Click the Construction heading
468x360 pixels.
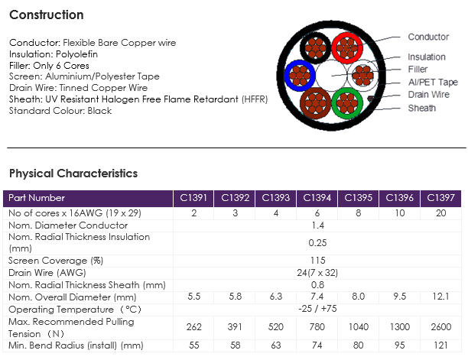coord(46,15)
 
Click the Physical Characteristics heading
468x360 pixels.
coord(73,174)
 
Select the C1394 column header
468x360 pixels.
coord(317,198)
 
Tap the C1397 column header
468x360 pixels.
coord(440,198)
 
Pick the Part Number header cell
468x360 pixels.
coord(88,198)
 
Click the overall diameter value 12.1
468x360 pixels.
coord(440,297)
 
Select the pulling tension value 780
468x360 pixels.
coord(317,327)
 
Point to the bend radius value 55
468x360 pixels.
coord(194,345)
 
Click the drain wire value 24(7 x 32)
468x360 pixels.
coord(317,273)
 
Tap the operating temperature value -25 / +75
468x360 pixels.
coord(317,308)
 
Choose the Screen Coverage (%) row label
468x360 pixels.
coord(56,261)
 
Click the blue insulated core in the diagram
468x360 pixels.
coord(300,75)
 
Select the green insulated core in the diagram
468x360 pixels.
coord(347,103)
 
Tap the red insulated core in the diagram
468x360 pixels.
coord(347,47)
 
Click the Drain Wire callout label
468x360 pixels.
coord(428,95)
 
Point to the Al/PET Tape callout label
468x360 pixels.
coord(433,82)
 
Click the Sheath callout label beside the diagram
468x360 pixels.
coord(422,108)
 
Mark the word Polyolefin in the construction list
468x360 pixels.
coord(76,54)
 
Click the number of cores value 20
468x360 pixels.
coord(440,213)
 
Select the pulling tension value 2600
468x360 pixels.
coord(440,327)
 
